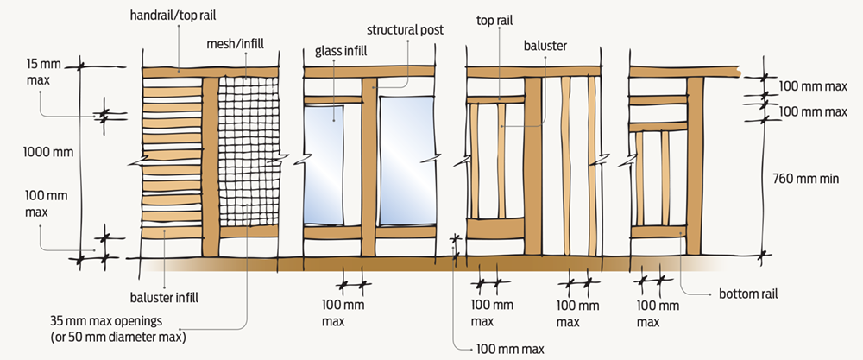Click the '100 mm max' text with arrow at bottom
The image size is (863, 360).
510,350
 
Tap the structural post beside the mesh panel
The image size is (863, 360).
211,164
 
